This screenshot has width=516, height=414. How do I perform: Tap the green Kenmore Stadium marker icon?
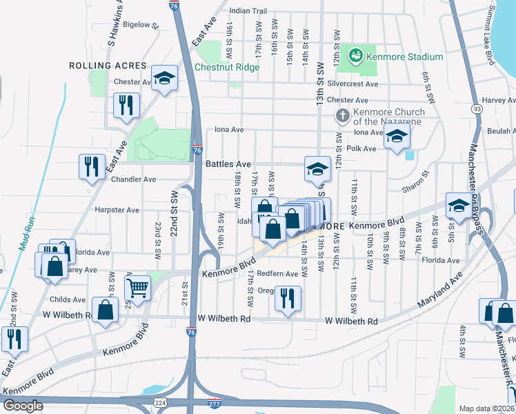tap(356, 54)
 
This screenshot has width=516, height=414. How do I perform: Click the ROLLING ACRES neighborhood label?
tap(108, 66)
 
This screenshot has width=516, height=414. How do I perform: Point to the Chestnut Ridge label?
tap(227, 68)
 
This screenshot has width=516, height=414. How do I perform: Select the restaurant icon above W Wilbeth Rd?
tap(287, 297)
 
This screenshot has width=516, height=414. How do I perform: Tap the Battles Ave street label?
tap(228, 164)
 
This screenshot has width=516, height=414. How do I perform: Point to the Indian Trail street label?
tap(248, 11)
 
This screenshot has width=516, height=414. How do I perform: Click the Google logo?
tap(23, 406)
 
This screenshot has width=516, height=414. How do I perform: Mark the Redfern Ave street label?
tap(277, 274)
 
